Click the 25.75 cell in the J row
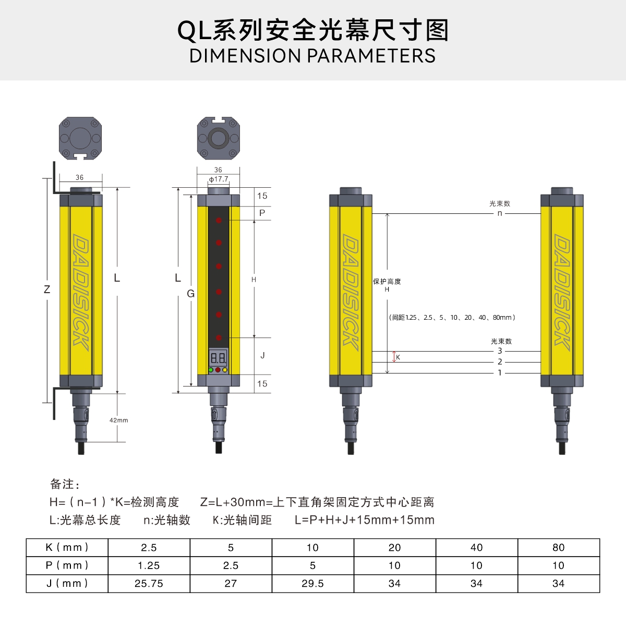(149, 583)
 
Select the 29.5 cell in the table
(312, 583)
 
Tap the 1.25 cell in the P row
(149, 565)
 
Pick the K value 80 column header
(558, 548)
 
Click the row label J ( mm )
(67, 583)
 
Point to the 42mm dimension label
(118, 420)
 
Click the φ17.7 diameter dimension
(219, 179)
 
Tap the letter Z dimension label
(47, 290)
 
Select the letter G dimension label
(190, 294)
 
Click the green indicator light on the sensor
(211, 370)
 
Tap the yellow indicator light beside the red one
(225, 370)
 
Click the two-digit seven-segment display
(218, 358)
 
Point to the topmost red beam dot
(219, 221)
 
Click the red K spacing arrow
(394, 357)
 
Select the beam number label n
(500, 213)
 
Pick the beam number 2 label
(500, 362)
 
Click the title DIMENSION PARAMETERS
(312, 56)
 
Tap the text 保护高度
(387, 282)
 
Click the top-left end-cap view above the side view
(80, 138)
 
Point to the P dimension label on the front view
(262, 213)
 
